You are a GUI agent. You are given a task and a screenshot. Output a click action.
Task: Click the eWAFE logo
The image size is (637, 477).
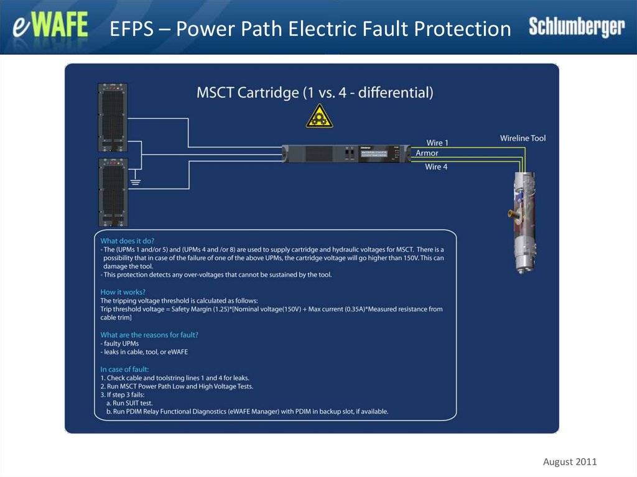tap(51, 28)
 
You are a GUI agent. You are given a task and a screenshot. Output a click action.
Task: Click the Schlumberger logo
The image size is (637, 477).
tap(576, 27)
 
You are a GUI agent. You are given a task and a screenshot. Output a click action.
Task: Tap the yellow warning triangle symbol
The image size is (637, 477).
tap(319, 116)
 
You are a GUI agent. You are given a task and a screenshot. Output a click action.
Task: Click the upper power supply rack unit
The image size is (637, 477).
tap(113, 118)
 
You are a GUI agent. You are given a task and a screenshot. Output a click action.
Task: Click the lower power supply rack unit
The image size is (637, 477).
tap(113, 192)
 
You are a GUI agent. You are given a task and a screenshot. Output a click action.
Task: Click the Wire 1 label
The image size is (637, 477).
tap(437, 143)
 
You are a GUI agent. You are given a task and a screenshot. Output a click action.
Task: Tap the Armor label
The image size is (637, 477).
tap(427, 153)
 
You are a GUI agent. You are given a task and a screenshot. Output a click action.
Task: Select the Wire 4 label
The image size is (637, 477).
tap(436, 167)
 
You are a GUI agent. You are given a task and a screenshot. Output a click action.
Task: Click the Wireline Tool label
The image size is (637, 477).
tap(523, 138)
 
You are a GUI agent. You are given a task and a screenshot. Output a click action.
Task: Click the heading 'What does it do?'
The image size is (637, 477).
tap(128, 241)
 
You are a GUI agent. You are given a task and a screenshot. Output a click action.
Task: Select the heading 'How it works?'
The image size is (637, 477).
tap(123, 292)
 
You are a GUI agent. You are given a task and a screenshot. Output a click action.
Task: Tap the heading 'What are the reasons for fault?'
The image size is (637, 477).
tap(149, 335)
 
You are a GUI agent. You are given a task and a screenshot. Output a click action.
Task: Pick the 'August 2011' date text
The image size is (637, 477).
tap(570, 461)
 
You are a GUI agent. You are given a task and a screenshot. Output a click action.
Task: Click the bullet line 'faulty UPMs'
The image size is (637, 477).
tap(121, 343)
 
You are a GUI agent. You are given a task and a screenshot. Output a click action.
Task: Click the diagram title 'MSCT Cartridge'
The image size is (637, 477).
tap(248, 93)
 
